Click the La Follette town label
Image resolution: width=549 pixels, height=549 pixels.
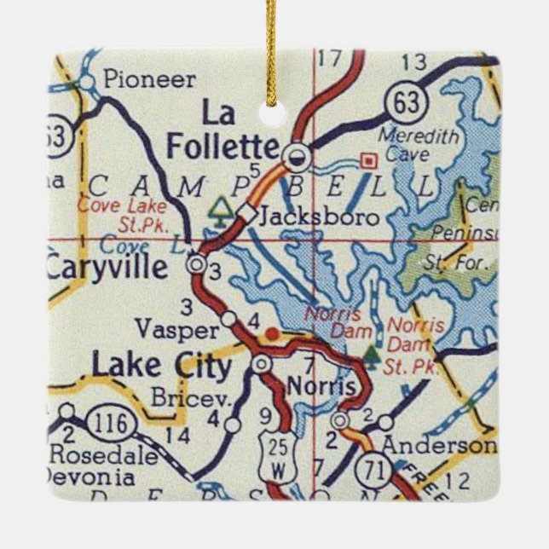tap(222, 130)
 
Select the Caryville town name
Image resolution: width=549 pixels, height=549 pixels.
tap(107, 268)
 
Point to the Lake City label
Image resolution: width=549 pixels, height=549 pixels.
tap(161, 367)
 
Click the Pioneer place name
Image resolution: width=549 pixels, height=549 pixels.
tap(148, 81)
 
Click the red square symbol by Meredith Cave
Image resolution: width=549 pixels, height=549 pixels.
tap(368, 159)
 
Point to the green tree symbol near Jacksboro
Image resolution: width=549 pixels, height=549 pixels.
tap(221, 207)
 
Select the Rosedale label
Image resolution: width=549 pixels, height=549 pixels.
tap(103, 454)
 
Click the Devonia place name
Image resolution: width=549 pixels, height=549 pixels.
tap(90, 477)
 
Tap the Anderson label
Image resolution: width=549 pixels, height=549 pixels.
tap(437, 446)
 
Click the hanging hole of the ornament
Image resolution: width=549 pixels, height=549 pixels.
tap(274, 113)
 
